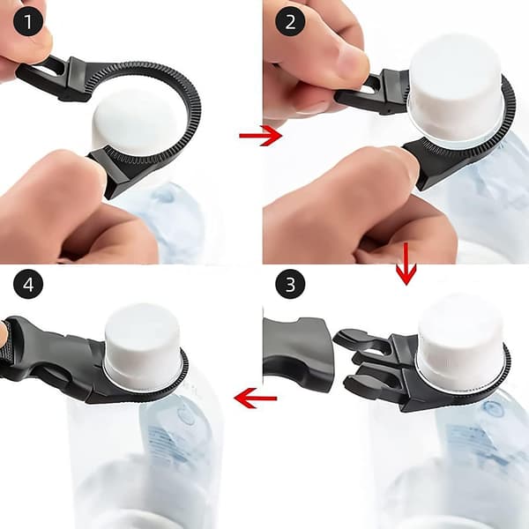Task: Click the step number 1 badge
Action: click(x=28, y=21)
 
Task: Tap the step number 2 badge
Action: click(x=290, y=21)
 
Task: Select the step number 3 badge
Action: click(x=290, y=284)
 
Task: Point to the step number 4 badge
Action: click(x=28, y=284)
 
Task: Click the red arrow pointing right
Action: click(x=260, y=136)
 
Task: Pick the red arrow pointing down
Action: click(x=406, y=264)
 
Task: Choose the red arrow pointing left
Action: click(x=256, y=399)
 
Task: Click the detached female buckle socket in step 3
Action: click(x=297, y=354)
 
